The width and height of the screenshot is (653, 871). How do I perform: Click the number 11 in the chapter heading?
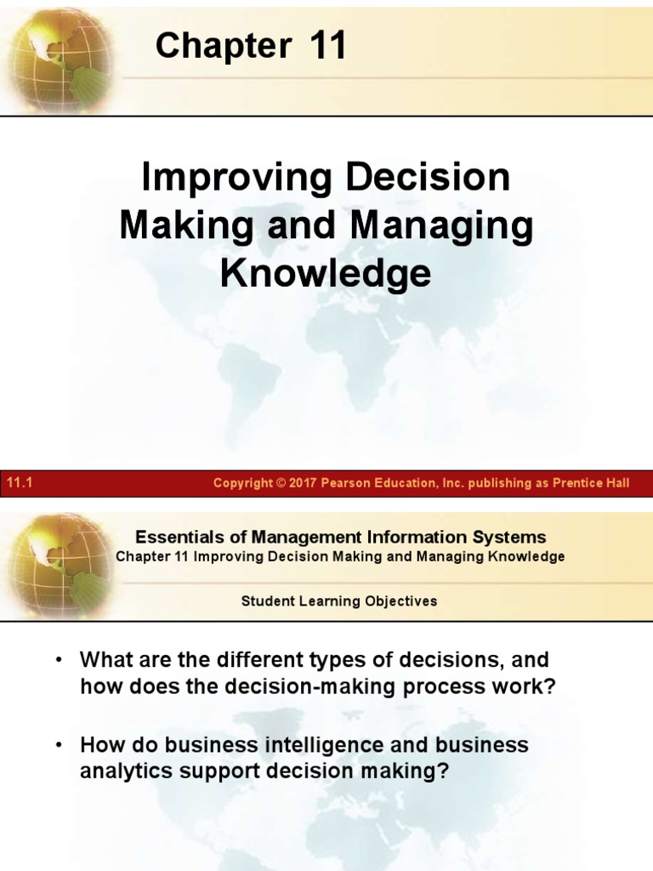click(x=328, y=46)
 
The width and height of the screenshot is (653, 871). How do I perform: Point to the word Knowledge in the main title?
click(x=326, y=274)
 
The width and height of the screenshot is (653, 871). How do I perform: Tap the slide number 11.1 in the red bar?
click(x=19, y=483)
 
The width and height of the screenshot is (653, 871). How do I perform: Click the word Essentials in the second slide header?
click(x=174, y=537)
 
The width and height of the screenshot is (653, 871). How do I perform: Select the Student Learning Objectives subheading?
click(x=339, y=601)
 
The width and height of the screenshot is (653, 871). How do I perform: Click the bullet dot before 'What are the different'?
click(x=60, y=660)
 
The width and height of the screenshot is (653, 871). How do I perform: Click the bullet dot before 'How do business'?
click(x=60, y=746)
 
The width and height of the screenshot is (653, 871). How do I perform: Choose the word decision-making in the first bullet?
click(x=315, y=687)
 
